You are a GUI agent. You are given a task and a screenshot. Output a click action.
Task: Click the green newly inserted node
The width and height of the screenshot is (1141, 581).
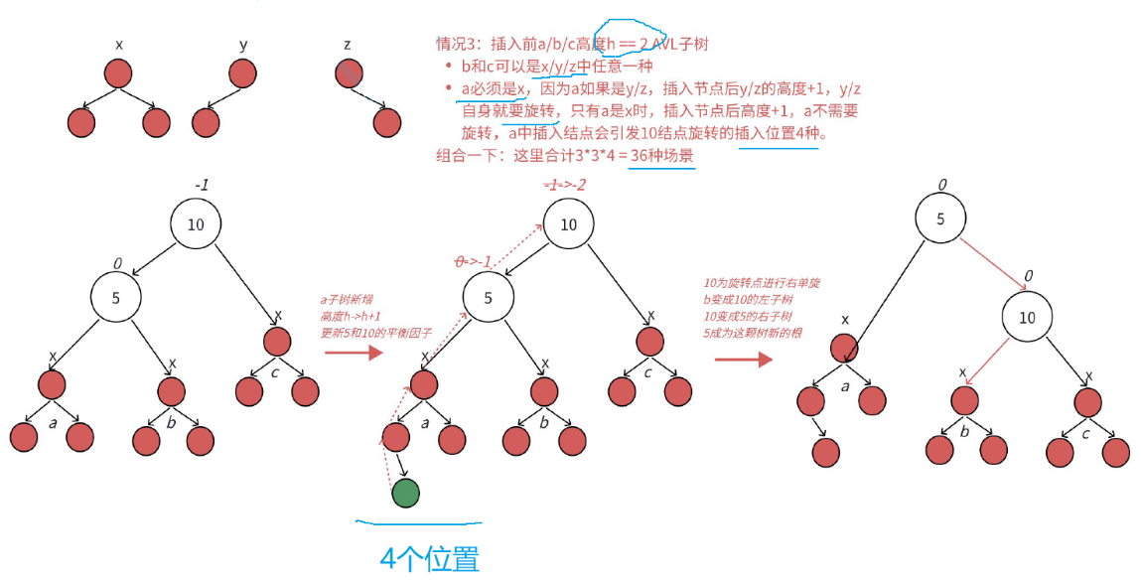[405, 493]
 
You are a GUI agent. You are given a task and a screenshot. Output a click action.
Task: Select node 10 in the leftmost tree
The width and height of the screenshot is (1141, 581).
[196, 224]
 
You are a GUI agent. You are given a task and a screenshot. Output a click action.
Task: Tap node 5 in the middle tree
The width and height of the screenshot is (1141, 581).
[488, 298]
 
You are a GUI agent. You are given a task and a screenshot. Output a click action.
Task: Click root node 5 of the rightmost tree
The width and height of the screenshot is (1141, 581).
[940, 219]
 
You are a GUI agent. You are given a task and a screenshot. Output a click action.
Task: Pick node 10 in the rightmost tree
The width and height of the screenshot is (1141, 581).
[1027, 318]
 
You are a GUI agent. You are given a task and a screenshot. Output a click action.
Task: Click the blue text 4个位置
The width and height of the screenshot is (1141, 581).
[429, 559]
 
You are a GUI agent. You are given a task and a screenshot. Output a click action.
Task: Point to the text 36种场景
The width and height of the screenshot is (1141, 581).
[662, 156]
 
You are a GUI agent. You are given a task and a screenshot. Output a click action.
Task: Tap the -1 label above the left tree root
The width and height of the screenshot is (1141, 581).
[202, 186]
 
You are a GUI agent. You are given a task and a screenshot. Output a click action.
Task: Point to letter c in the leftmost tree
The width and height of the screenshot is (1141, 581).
[275, 372]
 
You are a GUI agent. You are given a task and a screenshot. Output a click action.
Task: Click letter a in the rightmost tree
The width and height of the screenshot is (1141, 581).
[845, 387]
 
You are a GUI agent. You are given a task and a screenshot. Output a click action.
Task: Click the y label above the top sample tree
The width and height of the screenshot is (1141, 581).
[243, 45]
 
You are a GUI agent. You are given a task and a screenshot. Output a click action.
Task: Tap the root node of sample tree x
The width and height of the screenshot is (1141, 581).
[118, 73]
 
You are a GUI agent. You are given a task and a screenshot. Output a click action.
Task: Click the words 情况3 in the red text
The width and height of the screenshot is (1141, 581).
[458, 45]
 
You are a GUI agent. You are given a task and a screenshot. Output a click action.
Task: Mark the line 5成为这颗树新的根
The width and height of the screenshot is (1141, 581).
[753, 332]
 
